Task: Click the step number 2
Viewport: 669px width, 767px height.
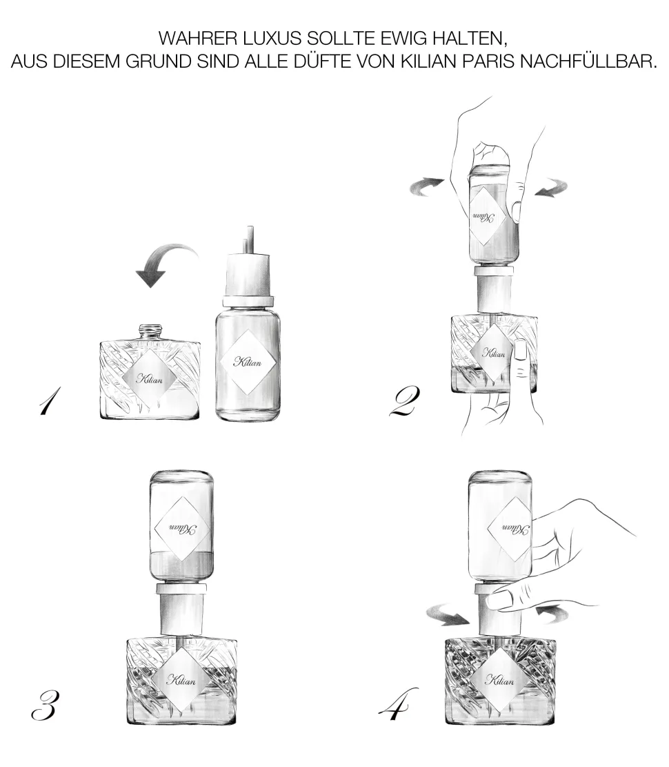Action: [404, 401]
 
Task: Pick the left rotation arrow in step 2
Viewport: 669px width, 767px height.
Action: [426, 186]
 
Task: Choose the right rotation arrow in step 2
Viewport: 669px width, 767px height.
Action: [551, 188]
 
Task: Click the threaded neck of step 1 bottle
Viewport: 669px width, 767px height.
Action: [150, 333]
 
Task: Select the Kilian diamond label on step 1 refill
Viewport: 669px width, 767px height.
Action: [248, 362]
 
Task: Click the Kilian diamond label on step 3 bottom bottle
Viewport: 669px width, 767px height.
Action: [181, 680]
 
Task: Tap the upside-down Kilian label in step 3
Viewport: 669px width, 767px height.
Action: [182, 529]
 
